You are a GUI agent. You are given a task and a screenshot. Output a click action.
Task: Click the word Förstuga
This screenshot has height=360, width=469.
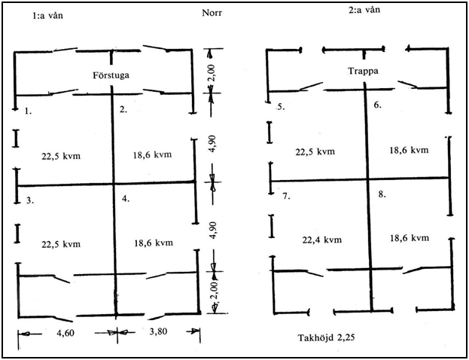point(111,75)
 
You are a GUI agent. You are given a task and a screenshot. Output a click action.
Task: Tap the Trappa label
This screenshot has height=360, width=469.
point(363,72)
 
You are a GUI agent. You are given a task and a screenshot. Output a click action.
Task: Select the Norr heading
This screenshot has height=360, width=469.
point(212,13)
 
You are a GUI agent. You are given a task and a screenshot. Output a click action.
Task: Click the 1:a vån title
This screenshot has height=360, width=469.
point(47,15)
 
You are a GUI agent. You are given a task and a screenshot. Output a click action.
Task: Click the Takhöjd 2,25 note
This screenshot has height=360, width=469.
point(326,337)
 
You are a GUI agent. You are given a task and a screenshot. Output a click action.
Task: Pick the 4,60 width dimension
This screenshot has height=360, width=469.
point(65,332)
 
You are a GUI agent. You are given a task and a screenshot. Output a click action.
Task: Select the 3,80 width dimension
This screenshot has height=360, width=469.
point(158,331)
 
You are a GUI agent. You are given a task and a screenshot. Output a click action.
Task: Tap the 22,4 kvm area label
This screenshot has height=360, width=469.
point(322,239)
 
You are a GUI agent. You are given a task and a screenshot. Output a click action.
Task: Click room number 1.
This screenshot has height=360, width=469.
point(28,111)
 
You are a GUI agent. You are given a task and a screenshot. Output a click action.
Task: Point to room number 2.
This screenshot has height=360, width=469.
point(123,110)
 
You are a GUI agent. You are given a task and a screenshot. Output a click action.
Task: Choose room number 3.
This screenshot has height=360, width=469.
point(29,200)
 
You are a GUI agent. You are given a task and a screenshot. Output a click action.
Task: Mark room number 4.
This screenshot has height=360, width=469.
point(126,198)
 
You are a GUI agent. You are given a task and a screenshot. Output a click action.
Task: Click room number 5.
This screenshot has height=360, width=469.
point(281,107)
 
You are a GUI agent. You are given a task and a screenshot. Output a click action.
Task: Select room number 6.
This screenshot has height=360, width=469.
point(377,105)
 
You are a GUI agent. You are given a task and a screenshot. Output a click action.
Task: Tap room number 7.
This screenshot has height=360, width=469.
point(287,197)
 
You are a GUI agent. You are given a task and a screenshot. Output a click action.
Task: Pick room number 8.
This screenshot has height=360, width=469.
point(382,194)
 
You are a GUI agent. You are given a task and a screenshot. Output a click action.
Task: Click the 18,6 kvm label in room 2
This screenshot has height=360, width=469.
point(152,154)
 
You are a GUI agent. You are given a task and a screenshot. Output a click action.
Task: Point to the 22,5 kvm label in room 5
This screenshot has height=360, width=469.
point(315,151)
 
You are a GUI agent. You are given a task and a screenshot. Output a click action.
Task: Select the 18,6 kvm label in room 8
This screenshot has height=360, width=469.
point(410,238)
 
